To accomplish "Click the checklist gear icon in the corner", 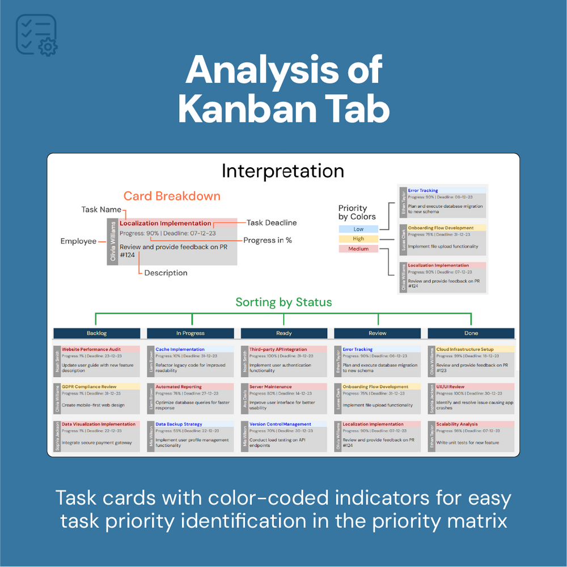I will point(37,35).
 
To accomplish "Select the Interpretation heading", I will point(282,171).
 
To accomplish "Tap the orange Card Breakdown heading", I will point(172,196).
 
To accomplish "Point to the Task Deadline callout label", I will point(272,223).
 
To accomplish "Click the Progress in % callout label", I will point(268,240).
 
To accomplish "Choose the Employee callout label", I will point(78,241).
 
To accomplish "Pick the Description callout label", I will point(166,273).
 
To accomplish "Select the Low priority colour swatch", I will point(358,229).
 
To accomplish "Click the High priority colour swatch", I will point(358,239).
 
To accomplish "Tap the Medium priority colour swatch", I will point(358,249).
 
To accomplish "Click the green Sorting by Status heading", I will point(283,302).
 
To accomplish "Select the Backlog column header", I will point(96,333).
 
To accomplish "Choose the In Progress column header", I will point(191,333).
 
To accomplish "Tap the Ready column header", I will point(284,333).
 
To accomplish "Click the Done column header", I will point(471,333).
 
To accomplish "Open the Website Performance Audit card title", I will point(91,349).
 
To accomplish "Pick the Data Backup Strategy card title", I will point(179,424).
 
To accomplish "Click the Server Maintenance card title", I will point(270,387).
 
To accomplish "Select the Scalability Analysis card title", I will point(457,424).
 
